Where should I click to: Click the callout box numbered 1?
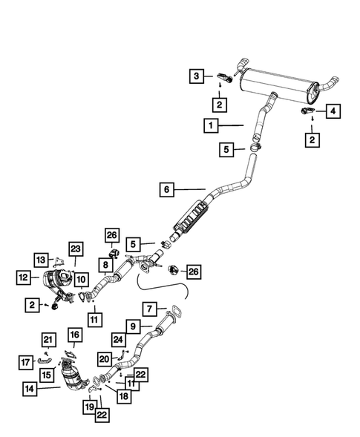pyautogui.click(x=212, y=126)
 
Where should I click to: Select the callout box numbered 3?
pyautogui.click(x=196, y=76)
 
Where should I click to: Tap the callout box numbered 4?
pyautogui.click(x=333, y=111)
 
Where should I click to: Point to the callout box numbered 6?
pyautogui.click(x=167, y=190)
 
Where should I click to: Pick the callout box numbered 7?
pyautogui.click(x=149, y=307)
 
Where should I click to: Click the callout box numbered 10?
pyautogui.click(x=81, y=279)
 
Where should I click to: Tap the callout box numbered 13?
pyautogui.click(x=40, y=259)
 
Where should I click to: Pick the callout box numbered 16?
pyautogui.click(x=74, y=335)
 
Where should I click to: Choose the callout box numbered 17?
pyautogui.click(x=24, y=362)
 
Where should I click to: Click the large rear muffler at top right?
pyautogui.click(x=281, y=77)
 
